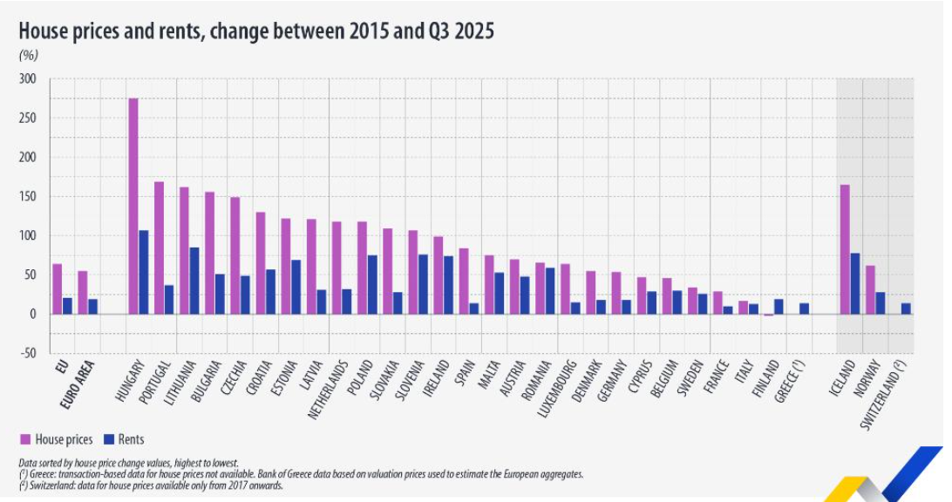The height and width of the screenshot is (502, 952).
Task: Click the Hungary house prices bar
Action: [x=133, y=206]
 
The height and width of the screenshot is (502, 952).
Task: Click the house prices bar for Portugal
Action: [x=159, y=248]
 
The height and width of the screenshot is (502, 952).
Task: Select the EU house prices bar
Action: [x=58, y=288]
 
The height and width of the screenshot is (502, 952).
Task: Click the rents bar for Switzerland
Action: [x=906, y=309]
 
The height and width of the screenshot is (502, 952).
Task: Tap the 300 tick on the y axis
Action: [x=28, y=79]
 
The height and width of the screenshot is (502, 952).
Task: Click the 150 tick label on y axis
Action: [x=28, y=197]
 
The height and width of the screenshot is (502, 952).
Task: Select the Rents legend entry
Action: [x=124, y=440]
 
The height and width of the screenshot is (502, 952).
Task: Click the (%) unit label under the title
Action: [x=28, y=55]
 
